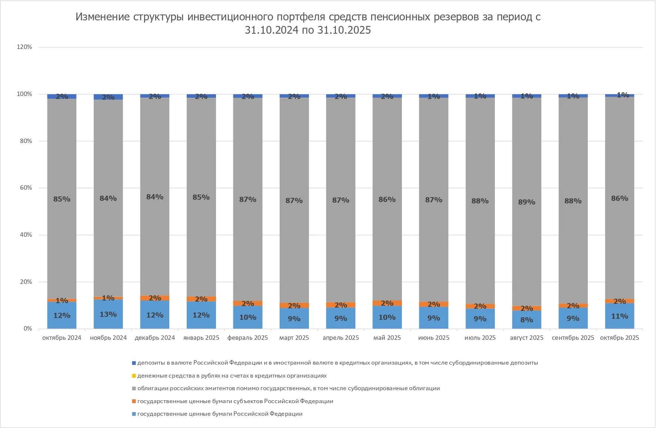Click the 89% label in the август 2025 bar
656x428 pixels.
click(x=526, y=202)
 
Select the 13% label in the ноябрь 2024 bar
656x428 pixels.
click(x=108, y=314)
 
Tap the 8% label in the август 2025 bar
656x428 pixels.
click(x=526, y=319)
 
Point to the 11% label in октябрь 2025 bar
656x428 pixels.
click(x=619, y=316)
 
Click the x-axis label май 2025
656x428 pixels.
click(x=387, y=338)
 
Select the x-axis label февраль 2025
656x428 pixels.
click(x=247, y=338)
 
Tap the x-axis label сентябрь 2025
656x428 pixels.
click(x=573, y=338)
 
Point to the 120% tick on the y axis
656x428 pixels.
click(x=24, y=47)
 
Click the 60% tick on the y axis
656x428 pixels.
click(x=26, y=188)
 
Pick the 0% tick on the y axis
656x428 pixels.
click(x=28, y=329)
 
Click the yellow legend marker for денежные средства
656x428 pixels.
click(x=134, y=376)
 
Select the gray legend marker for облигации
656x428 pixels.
click(x=134, y=388)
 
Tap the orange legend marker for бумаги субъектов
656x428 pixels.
click(x=134, y=401)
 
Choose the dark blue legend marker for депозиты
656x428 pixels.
click(x=134, y=363)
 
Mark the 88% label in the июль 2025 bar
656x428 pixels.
click(x=480, y=201)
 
